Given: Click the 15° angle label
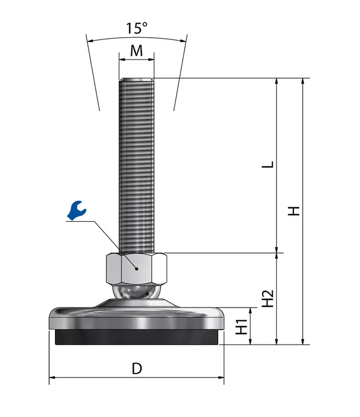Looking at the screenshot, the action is (137, 28).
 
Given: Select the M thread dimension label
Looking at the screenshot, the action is (137, 50).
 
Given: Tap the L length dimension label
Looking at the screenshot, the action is (268, 164).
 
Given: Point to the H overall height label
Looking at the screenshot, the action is (294, 211).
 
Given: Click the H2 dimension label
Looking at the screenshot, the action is (268, 298).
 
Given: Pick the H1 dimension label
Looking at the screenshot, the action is (242, 327).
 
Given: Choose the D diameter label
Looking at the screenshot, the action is (137, 369).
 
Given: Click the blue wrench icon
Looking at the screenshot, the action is (77, 210).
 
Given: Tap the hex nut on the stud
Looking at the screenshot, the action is (137, 269).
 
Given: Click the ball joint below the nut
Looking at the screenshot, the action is (137, 292).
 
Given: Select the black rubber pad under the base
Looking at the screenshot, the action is (137, 337).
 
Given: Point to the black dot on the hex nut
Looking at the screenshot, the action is (137, 269).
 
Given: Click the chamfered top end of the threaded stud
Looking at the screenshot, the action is (137, 79).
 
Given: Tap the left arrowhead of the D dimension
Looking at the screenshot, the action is (52, 378).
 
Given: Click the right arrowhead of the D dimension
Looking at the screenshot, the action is (221, 378).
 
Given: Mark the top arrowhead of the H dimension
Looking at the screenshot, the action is (303, 82).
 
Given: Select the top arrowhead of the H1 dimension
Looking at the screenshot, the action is (250, 310).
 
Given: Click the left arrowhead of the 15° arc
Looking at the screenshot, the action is (91, 41).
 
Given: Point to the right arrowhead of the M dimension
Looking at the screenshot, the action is (151, 60).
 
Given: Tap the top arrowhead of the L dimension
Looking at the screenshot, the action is (277, 82).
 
